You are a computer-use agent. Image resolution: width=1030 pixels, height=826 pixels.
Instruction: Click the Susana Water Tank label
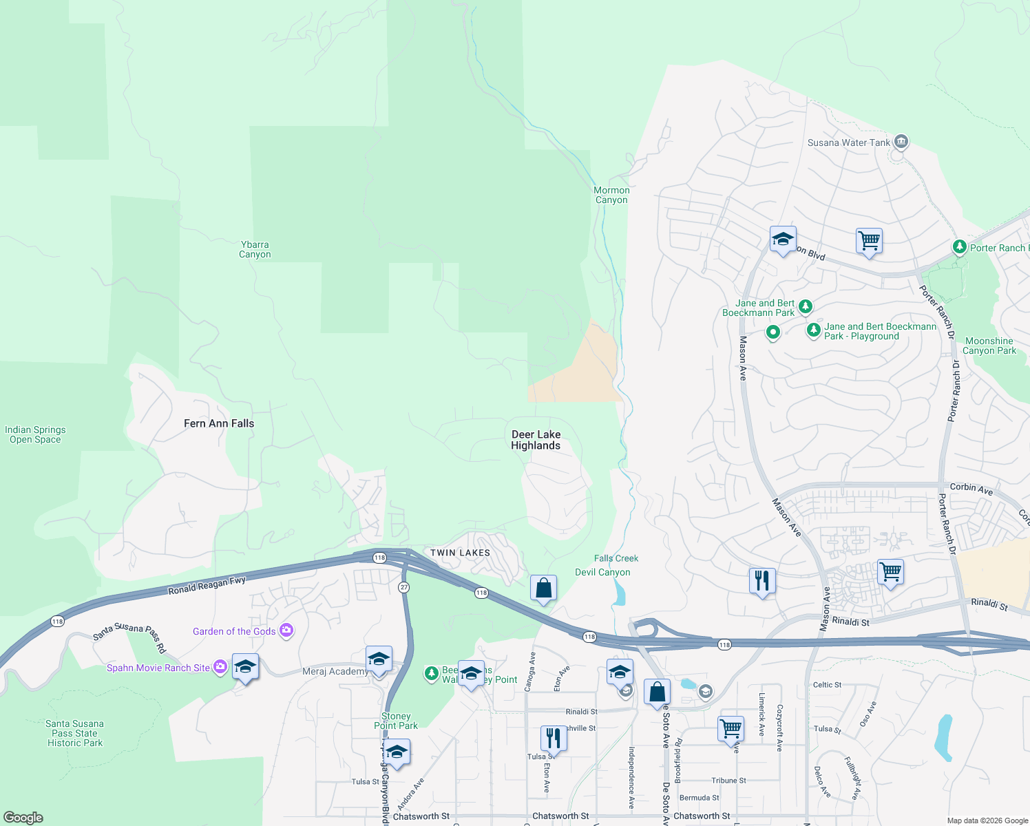(x=848, y=142)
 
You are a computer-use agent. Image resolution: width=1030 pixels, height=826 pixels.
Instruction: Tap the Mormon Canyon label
(x=611, y=195)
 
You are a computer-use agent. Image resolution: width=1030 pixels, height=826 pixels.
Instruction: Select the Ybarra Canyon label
(x=255, y=249)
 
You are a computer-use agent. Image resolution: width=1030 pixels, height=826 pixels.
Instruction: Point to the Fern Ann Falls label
(x=219, y=423)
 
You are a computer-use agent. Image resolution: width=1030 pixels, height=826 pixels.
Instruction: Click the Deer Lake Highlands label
(x=536, y=440)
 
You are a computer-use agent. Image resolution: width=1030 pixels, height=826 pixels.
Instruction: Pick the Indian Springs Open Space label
(x=35, y=434)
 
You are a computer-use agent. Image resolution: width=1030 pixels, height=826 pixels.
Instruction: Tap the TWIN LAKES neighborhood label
(x=460, y=553)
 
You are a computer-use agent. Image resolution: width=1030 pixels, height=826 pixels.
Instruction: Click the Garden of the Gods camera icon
(x=286, y=631)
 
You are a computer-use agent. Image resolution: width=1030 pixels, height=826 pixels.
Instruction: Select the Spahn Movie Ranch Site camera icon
(x=220, y=666)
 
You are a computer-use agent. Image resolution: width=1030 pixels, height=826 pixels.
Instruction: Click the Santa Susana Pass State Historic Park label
(x=74, y=733)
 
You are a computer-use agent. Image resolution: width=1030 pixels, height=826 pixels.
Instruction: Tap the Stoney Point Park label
(x=396, y=721)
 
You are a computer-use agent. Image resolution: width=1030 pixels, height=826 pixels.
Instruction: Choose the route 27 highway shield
(x=404, y=587)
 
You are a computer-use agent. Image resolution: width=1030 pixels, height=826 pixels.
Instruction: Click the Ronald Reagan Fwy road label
(x=207, y=586)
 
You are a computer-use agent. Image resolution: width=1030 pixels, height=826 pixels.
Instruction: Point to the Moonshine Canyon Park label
(x=989, y=346)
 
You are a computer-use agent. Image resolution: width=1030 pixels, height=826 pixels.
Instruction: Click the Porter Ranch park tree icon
(x=959, y=246)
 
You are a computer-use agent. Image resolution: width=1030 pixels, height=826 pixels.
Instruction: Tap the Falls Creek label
(x=616, y=558)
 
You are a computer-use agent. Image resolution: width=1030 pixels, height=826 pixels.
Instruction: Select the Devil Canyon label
(x=602, y=572)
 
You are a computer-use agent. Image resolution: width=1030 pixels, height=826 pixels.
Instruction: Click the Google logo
(x=23, y=817)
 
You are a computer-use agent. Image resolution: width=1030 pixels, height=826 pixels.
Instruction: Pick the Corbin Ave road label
(x=971, y=488)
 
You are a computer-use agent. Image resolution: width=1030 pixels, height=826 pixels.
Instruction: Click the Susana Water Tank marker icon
(x=901, y=142)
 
